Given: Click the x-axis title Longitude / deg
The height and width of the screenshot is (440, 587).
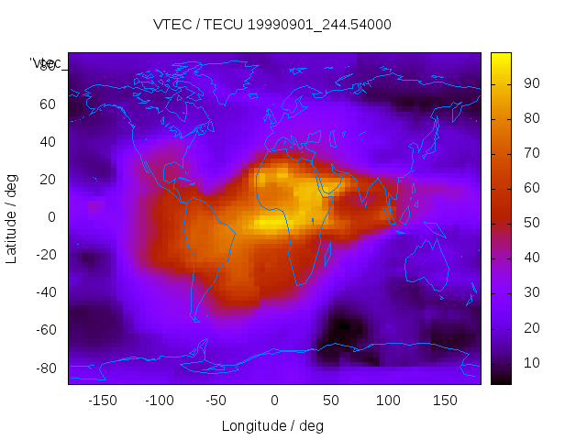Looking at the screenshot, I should [272, 425].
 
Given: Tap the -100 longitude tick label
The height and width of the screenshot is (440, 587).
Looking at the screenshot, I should [159, 400].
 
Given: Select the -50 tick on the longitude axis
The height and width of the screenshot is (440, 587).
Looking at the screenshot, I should [216, 400].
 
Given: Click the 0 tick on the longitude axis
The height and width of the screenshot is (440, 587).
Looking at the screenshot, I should [273, 400].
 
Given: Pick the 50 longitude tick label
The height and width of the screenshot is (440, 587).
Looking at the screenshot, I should [330, 400].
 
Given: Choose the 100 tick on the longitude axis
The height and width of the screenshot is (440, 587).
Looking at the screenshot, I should [388, 400].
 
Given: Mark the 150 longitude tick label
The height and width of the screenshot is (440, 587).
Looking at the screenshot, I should [445, 400].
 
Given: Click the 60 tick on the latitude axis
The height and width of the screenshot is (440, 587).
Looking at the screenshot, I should [49, 104].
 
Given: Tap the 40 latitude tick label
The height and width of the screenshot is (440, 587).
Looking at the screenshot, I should [49, 141].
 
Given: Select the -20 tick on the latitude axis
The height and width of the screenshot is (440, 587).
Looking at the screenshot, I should [45, 255].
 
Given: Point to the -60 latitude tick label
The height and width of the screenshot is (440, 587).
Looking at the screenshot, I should [45, 330].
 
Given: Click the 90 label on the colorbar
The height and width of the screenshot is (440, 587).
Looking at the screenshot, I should [531, 83].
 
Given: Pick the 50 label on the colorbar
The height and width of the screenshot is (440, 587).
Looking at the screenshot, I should [531, 223].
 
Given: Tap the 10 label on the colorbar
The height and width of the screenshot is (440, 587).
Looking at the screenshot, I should [531, 363].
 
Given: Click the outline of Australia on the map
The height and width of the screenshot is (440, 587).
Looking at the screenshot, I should [426, 267].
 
